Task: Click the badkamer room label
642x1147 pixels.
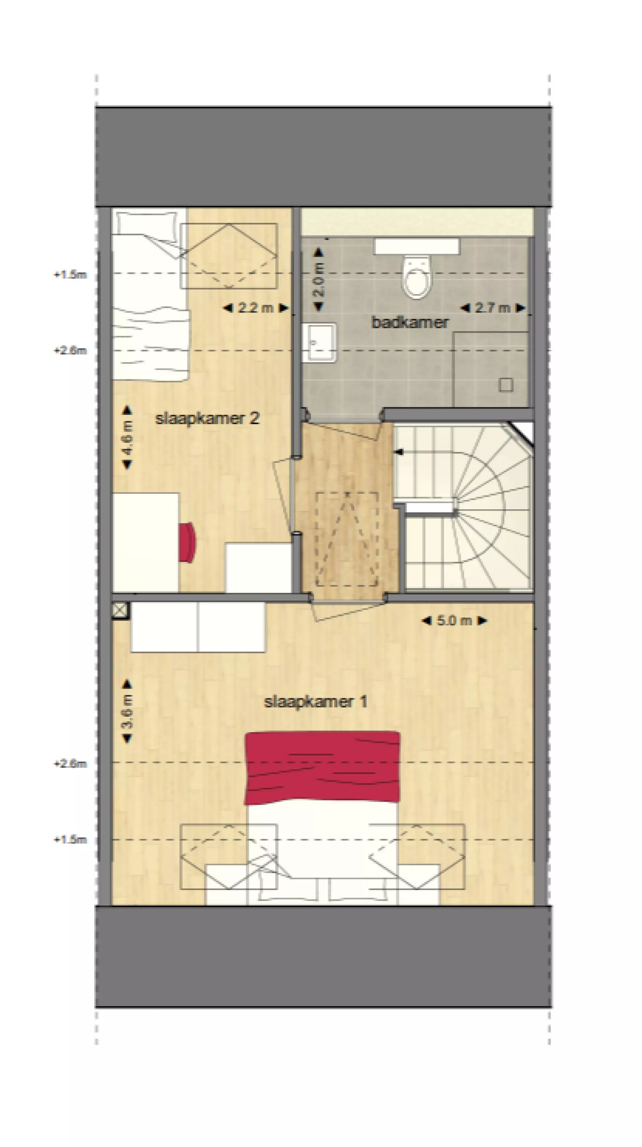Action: pyautogui.click(x=409, y=322)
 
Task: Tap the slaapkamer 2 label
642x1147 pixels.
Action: pyautogui.click(x=207, y=418)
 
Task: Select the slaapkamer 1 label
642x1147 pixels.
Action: pyautogui.click(x=315, y=702)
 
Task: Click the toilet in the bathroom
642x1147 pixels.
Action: pyautogui.click(x=416, y=276)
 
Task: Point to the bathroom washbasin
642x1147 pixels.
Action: pyautogui.click(x=319, y=342)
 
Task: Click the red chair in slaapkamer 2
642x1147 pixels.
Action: pyautogui.click(x=187, y=542)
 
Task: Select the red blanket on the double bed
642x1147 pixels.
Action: pyautogui.click(x=322, y=767)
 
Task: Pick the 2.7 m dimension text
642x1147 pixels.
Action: pyautogui.click(x=492, y=308)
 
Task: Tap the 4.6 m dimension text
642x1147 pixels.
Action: pyautogui.click(x=127, y=437)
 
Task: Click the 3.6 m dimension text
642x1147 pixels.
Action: pyautogui.click(x=127, y=711)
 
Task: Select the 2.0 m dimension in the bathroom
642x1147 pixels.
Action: pyautogui.click(x=319, y=280)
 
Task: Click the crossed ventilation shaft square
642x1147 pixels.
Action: pyautogui.click(x=119, y=610)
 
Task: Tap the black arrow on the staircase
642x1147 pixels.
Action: pyautogui.click(x=399, y=452)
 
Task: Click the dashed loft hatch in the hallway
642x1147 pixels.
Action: pyautogui.click(x=347, y=539)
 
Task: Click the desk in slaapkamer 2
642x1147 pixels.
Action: pyautogui.click(x=145, y=542)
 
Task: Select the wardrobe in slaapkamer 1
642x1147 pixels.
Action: pyautogui.click(x=198, y=627)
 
